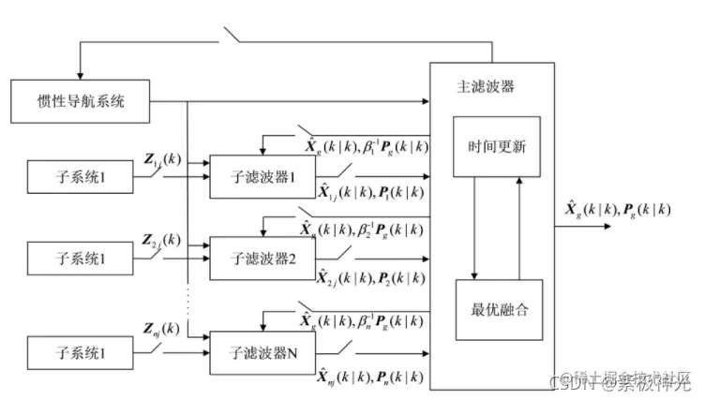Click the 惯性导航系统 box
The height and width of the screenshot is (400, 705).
click(80, 100)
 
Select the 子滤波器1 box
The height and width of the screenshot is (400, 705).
click(262, 176)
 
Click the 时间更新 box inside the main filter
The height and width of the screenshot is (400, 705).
click(496, 146)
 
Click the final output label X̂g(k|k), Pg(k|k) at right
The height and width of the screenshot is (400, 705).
click(619, 209)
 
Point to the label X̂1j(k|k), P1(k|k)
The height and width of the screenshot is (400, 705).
click(369, 194)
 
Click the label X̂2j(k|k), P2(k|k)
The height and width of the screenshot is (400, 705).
click(369, 278)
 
